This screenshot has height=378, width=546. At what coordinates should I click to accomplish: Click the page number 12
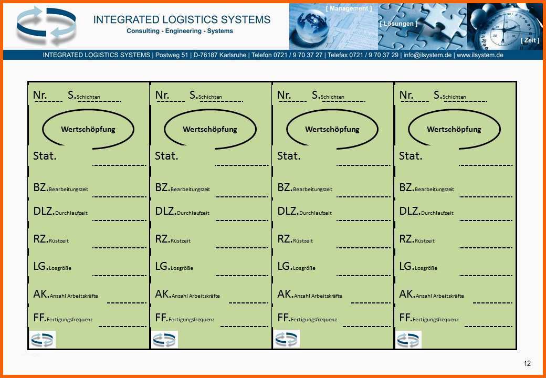pyautogui.click(x=527, y=363)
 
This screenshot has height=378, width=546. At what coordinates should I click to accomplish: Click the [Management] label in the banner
pyautogui.click(x=349, y=8)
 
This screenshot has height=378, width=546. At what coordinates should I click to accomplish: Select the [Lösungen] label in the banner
pyautogui.click(x=398, y=24)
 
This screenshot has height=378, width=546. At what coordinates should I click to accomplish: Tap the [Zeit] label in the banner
pyautogui.click(x=530, y=40)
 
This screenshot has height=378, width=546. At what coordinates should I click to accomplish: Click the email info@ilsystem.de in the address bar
pyautogui.click(x=427, y=55)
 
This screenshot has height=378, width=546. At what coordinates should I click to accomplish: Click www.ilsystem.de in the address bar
pyautogui.click(x=479, y=55)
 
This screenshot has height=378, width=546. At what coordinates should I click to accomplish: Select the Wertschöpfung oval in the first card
pyautogui.click(x=88, y=110)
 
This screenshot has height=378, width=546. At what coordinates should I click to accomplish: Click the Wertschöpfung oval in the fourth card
pyautogui.click(x=454, y=110)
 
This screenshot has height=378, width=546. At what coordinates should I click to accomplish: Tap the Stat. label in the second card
pyautogui.click(x=166, y=156)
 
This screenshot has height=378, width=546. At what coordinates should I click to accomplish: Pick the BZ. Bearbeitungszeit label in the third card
pyautogui.click(x=304, y=188)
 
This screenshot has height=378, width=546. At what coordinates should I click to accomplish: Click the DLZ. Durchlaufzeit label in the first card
pyautogui.click(x=60, y=211)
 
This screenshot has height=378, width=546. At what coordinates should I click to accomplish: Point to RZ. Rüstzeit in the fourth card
pyautogui.click(x=417, y=239)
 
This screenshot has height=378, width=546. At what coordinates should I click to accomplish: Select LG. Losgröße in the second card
pyautogui.click(x=174, y=267)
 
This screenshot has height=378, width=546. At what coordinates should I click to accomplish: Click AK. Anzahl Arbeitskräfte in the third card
pyautogui.click(x=310, y=295)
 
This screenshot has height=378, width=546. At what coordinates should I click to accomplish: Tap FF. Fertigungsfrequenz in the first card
pyautogui.click(x=63, y=318)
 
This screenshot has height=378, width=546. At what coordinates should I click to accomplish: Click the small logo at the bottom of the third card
pyautogui.click(x=286, y=339)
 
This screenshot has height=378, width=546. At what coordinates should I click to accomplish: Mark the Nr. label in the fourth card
pyautogui.click(x=406, y=95)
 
